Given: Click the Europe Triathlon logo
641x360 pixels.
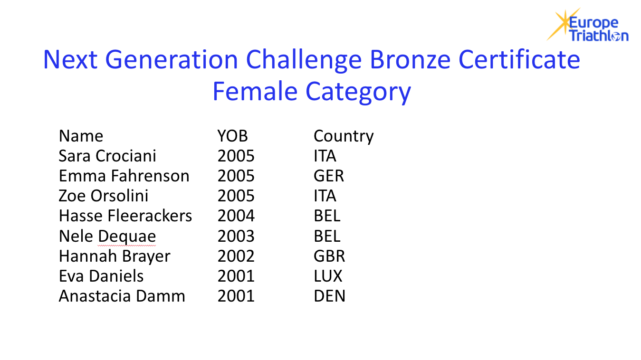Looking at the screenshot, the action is tap(587, 25).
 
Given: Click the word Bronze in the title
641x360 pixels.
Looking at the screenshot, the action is tap(410, 59).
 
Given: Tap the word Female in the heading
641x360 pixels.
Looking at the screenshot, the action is tap(255, 91).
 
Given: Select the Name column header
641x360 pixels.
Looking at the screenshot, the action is tap(81, 136).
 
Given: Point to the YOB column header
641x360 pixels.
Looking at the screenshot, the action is tap(232, 136).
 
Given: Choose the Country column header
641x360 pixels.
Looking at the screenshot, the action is tap(344, 136).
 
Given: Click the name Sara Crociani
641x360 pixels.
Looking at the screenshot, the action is tap(107, 156).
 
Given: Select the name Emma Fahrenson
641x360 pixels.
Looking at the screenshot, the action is tap(124, 176).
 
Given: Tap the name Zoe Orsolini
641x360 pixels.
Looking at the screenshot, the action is tap(104, 196).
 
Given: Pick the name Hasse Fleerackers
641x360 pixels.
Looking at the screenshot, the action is tap(125, 216).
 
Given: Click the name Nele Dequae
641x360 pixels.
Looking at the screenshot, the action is tap(107, 237).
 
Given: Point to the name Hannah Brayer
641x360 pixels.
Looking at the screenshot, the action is tap(115, 256).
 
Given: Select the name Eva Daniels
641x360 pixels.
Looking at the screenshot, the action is tap(101, 276).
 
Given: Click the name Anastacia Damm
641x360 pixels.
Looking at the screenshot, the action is tap(122, 296).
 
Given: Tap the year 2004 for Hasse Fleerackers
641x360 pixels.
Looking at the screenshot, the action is tap(236, 216).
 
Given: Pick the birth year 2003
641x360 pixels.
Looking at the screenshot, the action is tap(236, 236).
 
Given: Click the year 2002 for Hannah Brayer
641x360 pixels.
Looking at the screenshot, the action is tap(236, 256).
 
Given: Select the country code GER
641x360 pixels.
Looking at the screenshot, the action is tap(329, 176).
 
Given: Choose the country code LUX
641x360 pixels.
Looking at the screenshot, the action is tap(328, 276).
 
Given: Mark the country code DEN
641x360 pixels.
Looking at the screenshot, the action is tap(330, 296).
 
